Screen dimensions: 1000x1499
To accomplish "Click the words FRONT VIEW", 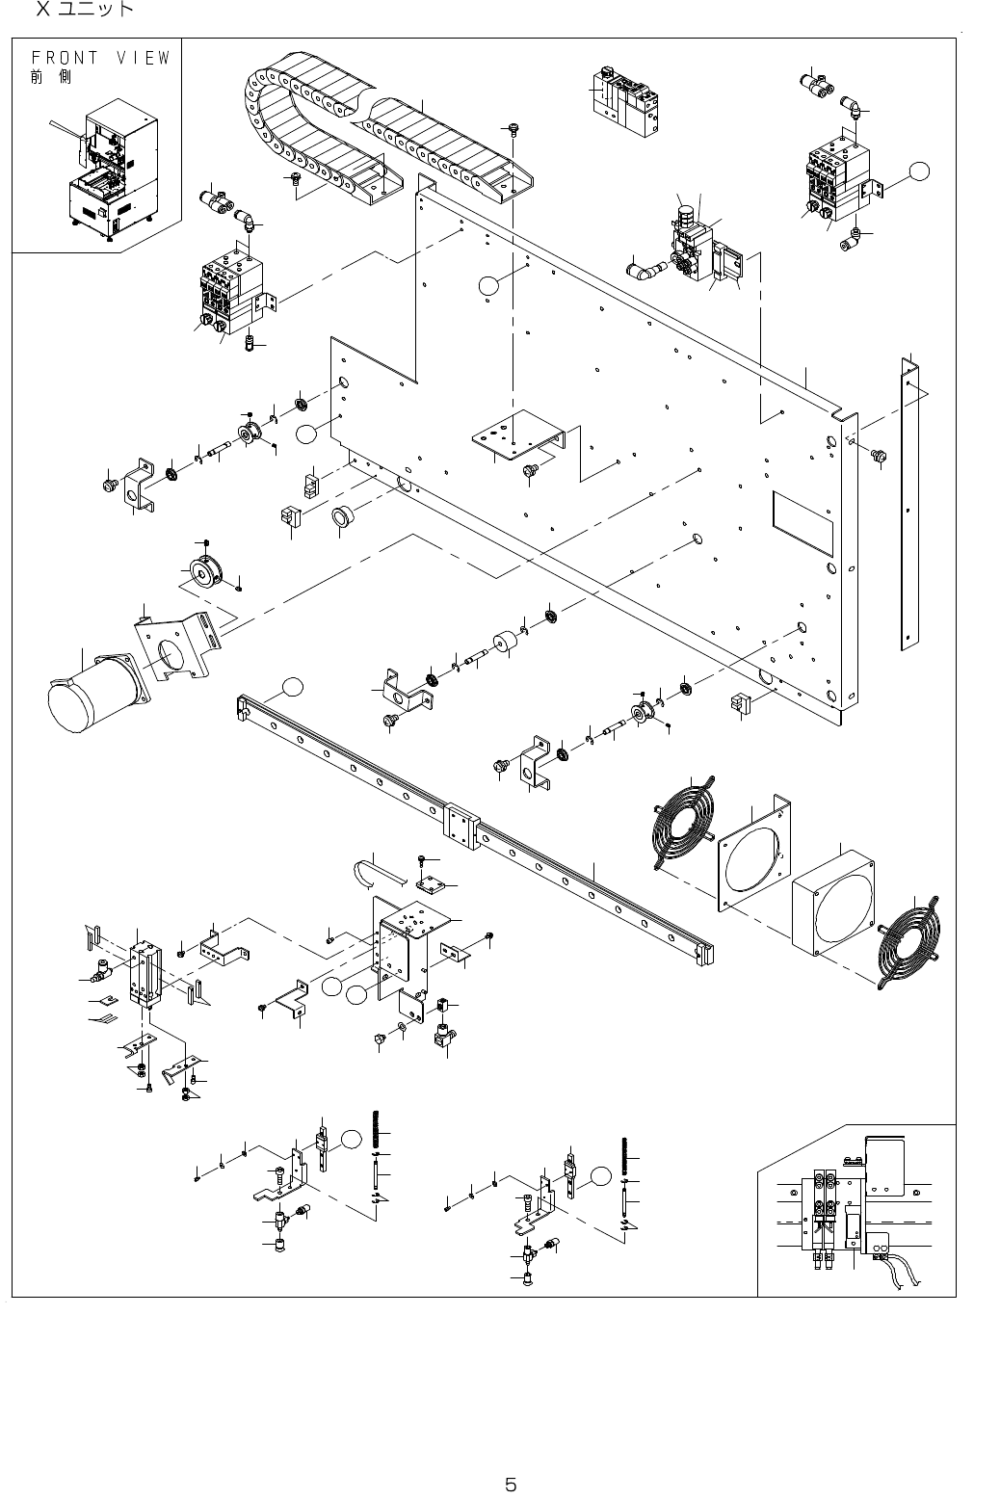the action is [x=100, y=58].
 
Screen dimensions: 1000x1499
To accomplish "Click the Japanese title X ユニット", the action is [x=85, y=9].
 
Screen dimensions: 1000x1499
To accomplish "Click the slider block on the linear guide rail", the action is [x=461, y=825].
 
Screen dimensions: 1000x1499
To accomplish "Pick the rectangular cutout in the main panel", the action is [x=803, y=523].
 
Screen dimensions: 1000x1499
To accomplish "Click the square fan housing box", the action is [x=832, y=903].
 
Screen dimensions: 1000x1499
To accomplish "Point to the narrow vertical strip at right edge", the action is [x=909, y=503].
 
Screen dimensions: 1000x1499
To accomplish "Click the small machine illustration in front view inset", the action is [x=114, y=171].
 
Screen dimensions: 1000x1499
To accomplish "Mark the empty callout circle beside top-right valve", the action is [x=920, y=171].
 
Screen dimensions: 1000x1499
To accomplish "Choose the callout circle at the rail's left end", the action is [x=293, y=687].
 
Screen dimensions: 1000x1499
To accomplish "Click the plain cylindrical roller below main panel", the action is [x=506, y=644].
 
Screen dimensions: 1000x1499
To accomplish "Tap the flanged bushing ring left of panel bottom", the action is [x=342, y=516].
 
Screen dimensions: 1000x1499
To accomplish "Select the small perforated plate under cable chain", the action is [x=517, y=435].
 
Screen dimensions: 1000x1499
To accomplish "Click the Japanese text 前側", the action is [x=50, y=77].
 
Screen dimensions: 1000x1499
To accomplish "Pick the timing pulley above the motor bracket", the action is [x=204, y=571].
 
